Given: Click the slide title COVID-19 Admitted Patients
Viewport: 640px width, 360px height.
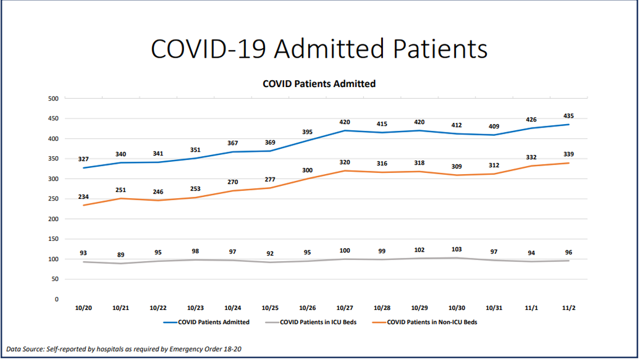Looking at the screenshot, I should (x=319, y=49).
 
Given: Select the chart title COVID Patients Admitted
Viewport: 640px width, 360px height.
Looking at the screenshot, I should (x=319, y=84).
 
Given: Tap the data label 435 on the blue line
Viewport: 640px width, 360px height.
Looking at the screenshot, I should (x=568, y=116).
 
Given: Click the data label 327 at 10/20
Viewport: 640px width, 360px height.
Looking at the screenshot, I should (x=84, y=159).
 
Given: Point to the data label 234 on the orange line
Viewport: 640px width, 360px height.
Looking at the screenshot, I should (x=84, y=197).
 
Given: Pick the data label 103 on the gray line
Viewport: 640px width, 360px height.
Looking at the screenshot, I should (x=456, y=249).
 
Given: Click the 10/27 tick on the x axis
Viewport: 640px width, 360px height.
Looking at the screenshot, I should (x=344, y=308).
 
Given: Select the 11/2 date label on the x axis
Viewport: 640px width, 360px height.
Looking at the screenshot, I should (x=568, y=308).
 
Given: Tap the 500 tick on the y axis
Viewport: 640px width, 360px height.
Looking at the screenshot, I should (x=53, y=99).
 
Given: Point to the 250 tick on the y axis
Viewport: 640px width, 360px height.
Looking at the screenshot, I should (x=53, y=199).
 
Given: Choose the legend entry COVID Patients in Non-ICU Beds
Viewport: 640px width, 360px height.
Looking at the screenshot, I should (x=432, y=322).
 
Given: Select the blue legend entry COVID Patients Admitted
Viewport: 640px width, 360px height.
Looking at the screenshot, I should (x=213, y=322).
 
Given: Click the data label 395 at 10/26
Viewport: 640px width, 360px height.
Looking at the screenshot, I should (x=307, y=131).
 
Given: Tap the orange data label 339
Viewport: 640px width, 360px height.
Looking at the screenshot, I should (x=568, y=154).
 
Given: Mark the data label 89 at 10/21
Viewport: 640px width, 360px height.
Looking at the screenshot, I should (x=121, y=254).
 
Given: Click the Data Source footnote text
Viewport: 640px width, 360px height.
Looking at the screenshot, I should (x=124, y=349).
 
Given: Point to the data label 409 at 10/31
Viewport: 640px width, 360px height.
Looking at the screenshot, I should (x=493, y=126).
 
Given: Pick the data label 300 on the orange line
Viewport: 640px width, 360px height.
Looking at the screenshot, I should (x=307, y=170).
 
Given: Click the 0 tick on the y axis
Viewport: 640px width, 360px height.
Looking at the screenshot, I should (x=57, y=299).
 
